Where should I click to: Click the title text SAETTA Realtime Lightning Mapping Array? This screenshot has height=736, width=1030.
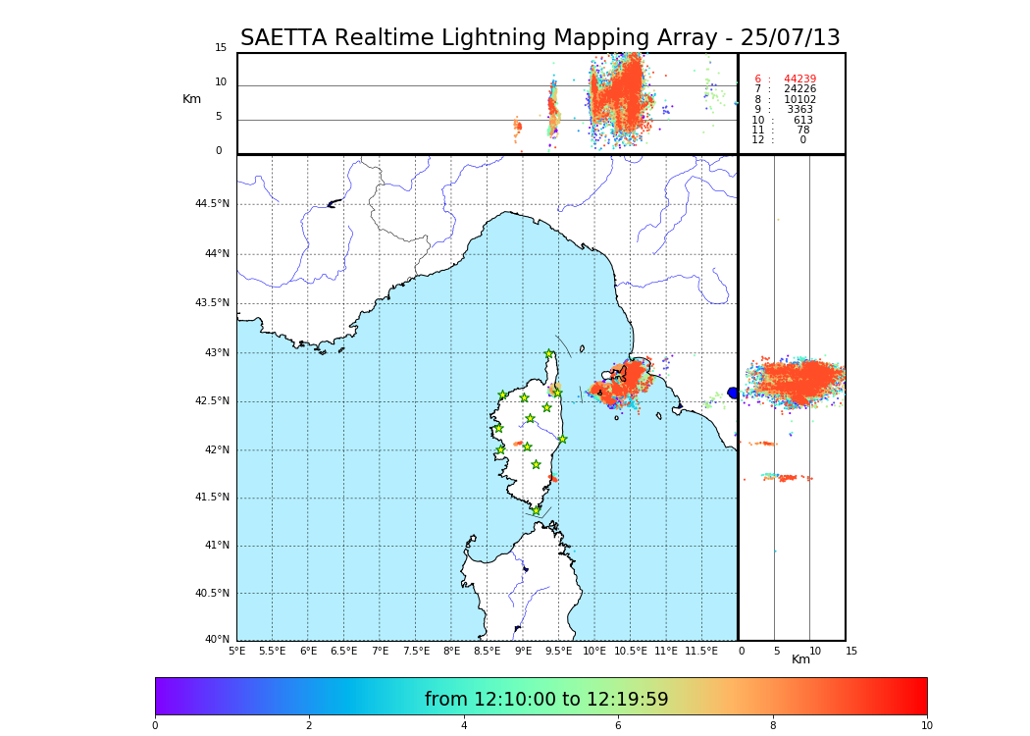[540, 38]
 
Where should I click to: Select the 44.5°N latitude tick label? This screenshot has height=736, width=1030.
[212, 204]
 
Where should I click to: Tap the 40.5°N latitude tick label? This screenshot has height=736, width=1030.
[212, 593]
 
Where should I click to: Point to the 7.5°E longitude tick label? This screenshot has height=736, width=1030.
[416, 651]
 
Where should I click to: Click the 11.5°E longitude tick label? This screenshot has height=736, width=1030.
[701, 651]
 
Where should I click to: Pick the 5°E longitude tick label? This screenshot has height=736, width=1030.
[237, 651]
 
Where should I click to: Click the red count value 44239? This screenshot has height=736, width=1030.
[799, 79]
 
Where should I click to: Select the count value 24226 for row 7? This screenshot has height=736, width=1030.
[799, 89]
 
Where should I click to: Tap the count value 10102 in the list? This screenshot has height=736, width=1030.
[799, 99]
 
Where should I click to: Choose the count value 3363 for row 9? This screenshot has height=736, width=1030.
[799, 110]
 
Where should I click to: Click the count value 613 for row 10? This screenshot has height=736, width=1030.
[802, 120]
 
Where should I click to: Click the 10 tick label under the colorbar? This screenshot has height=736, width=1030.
[926, 725]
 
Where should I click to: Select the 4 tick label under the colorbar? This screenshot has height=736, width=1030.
[464, 725]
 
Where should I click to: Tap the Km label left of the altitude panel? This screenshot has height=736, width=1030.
[191, 99]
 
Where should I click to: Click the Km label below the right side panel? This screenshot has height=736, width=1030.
[800, 659]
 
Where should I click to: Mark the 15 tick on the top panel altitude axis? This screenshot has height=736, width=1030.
[221, 48]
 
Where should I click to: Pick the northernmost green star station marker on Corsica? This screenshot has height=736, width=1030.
[549, 354]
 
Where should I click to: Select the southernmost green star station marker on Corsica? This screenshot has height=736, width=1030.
[537, 510]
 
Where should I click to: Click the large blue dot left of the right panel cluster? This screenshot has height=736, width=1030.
[733, 393]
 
